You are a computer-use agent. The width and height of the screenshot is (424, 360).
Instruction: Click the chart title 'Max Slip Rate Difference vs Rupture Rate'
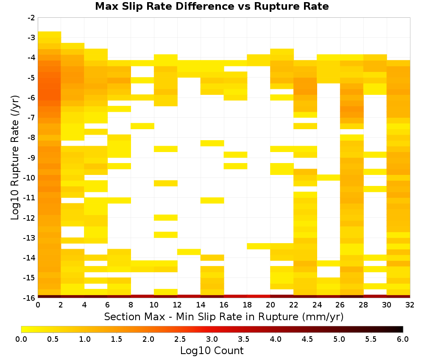[x=212, y=6]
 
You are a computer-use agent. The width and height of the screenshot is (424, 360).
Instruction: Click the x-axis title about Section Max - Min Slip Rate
[x=223, y=317]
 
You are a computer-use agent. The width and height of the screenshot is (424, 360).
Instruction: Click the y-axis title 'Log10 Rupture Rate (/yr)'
[x=15, y=158]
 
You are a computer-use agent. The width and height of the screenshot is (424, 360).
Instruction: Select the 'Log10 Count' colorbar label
[x=212, y=351]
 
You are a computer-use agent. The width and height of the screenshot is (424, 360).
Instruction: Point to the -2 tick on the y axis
[x=31, y=18]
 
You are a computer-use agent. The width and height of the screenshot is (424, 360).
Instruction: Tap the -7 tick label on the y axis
[x=31, y=118]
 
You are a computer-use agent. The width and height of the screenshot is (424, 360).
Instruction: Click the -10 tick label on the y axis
[x=30, y=178]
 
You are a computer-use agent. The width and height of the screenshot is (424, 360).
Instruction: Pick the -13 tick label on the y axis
[x=30, y=238]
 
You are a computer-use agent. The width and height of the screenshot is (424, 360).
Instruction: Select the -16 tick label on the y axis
[x=30, y=298]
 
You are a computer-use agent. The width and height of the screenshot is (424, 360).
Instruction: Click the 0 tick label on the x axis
[x=38, y=305]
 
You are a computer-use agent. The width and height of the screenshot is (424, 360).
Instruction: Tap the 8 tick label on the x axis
[x=131, y=305]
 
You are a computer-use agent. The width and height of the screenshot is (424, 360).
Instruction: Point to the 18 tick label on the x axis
[x=247, y=305]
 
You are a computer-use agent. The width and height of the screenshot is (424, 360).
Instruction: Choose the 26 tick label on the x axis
[x=340, y=305]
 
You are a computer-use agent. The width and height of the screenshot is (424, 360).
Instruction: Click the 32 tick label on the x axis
[x=410, y=305]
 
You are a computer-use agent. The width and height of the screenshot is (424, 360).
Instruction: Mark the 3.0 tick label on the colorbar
[x=212, y=339]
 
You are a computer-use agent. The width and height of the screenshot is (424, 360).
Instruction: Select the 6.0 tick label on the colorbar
[x=403, y=339]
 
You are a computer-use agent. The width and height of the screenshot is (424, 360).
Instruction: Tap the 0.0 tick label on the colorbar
[x=21, y=339]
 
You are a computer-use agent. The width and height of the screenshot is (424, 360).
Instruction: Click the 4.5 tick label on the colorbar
[x=307, y=339]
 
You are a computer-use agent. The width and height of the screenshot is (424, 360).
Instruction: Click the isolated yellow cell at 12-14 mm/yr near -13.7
[x=189, y=252]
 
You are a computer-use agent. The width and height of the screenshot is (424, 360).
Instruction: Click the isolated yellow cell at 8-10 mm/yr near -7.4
[x=142, y=126]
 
